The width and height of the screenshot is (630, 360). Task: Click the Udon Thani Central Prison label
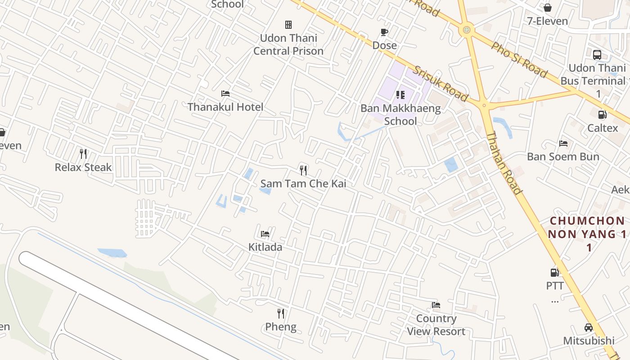click(x=288, y=45)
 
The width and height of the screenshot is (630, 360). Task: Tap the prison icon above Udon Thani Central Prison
click(x=288, y=24)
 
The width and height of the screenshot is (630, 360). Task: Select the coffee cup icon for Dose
click(x=384, y=32)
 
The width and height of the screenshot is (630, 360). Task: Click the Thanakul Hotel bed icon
click(x=225, y=94)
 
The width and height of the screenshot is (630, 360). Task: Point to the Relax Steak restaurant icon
click(x=83, y=154)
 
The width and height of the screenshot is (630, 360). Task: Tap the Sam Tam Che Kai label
click(x=303, y=184)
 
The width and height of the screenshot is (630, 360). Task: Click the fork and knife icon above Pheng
click(x=281, y=313)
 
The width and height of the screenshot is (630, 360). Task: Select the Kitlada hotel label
click(x=265, y=247)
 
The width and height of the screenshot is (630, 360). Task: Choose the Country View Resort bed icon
click(x=436, y=305)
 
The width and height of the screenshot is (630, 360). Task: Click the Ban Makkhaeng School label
click(x=400, y=114)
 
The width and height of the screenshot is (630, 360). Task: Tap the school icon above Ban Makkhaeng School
click(x=400, y=94)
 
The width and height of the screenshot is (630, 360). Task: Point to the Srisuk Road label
click(x=441, y=84)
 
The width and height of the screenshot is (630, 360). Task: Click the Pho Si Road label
click(x=519, y=60)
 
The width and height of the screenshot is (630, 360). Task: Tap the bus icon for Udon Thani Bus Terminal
click(x=597, y=55)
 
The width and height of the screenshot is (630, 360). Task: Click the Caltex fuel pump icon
click(x=602, y=115)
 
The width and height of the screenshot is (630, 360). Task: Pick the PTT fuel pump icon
click(x=555, y=272)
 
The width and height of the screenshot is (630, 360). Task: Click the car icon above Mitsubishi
click(x=588, y=327)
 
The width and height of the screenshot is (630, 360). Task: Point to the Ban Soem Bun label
click(x=563, y=157)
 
